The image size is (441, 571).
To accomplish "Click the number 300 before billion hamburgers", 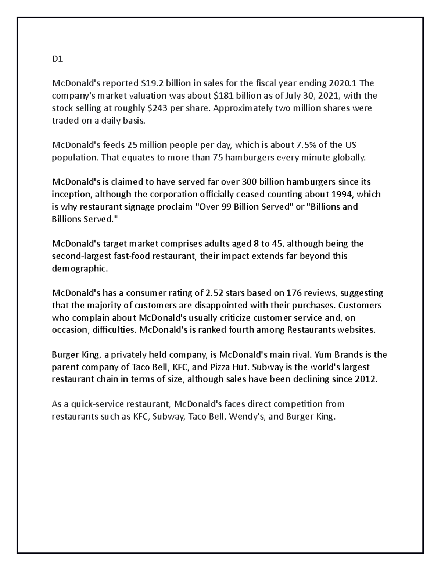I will (x=250, y=182).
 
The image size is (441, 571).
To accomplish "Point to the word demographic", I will (x=80, y=269).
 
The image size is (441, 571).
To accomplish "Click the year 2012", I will (x=366, y=380).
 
